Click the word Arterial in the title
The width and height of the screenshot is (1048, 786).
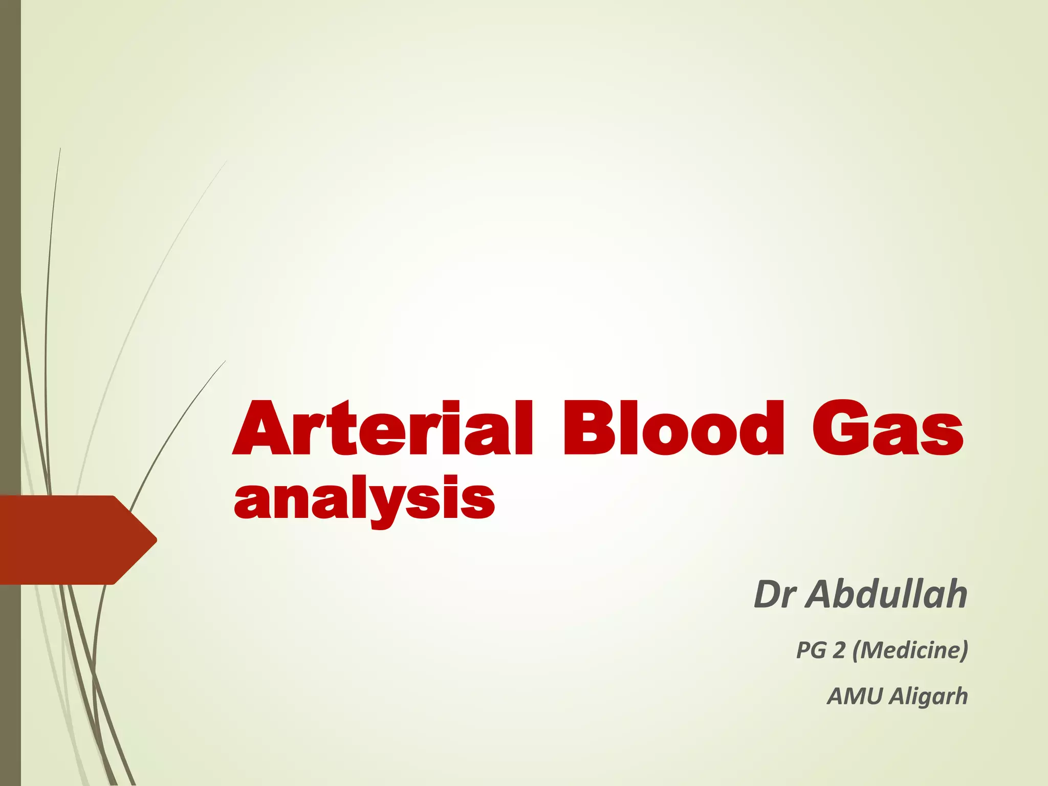(383, 429)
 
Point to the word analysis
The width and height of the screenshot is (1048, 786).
(364, 499)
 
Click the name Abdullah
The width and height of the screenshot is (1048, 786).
(888, 595)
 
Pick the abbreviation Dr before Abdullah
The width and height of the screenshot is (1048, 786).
(775, 595)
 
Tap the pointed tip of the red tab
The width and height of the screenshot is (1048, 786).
(155, 539)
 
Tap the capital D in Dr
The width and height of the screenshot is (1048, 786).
(767, 595)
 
